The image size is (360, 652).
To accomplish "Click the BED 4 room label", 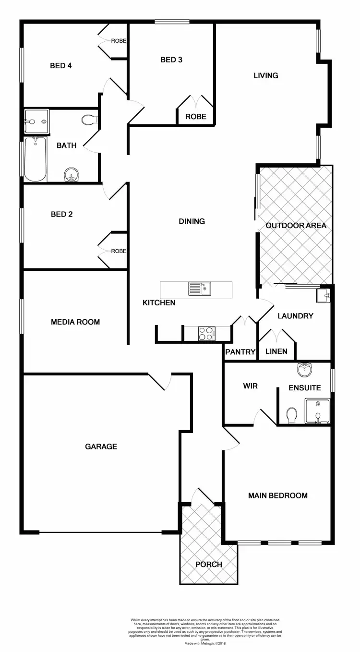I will click(61, 66).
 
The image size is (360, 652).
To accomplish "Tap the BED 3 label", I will click(171, 60).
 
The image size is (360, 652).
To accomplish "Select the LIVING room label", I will click(266, 75).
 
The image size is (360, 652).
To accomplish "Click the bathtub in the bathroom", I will click(35, 159).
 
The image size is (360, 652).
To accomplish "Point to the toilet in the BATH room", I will click(89, 120).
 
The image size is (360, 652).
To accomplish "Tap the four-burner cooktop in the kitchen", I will click(207, 333).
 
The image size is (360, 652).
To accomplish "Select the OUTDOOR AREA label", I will click(296, 225).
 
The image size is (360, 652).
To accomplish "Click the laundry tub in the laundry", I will click(323, 296).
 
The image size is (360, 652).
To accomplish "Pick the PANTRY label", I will click(240, 352).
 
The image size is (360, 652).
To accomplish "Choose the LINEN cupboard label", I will click(276, 351).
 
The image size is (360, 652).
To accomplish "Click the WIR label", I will click(251, 386).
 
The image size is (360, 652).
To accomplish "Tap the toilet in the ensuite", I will click(291, 416).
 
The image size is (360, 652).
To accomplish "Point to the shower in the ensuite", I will click(318, 411).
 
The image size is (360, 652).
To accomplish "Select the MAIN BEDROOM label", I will click(278, 495).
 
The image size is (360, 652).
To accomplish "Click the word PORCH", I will click(209, 564).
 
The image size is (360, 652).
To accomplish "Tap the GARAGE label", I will click(101, 447).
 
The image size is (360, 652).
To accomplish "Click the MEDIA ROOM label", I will click(75, 322).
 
